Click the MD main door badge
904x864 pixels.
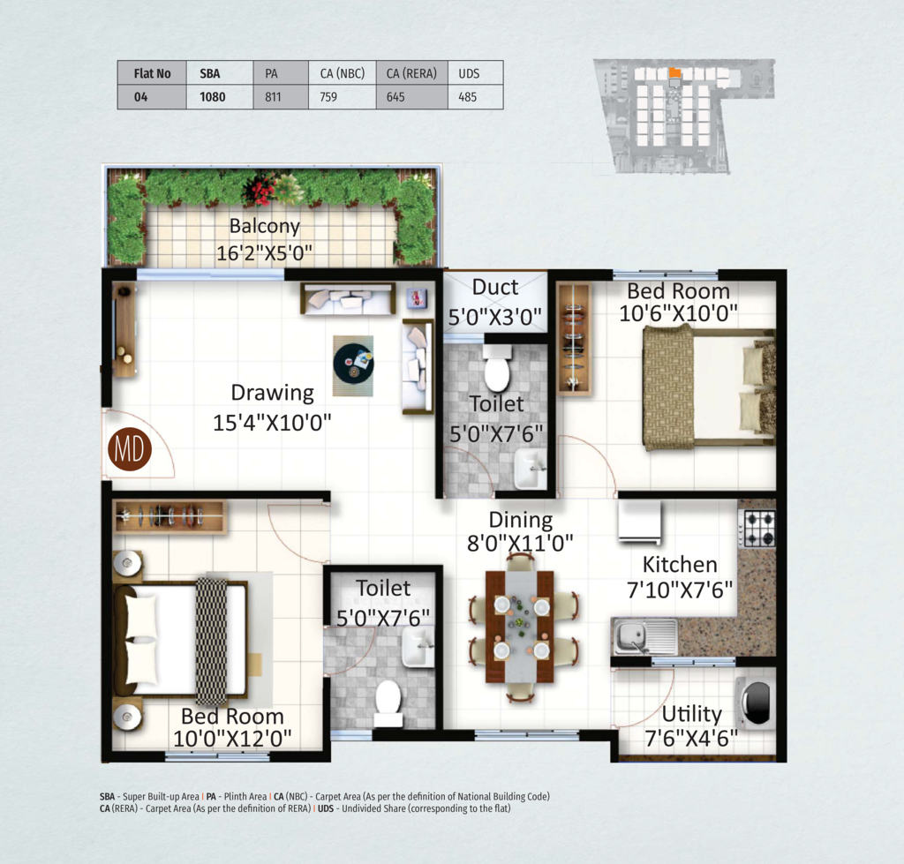(x=130, y=449)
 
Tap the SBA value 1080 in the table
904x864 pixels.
(x=212, y=97)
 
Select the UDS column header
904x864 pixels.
(x=469, y=74)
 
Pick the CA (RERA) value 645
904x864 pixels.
(x=395, y=97)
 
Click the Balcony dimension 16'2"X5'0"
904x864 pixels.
(x=265, y=252)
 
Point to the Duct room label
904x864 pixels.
(x=494, y=287)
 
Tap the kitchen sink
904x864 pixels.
(x=644, y=636)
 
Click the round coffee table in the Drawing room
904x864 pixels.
(x=353, y=363)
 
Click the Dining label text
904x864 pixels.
(x=520, y=520)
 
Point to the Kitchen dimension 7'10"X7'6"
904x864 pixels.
(x=680, y=590)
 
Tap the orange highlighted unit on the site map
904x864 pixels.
(x=675, y=72)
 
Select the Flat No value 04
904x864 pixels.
(x=140, y=97)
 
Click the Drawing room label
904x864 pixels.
(x=272, y=393)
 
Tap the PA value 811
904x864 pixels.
(x=274, y=97)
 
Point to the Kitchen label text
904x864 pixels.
(x=680, y=564)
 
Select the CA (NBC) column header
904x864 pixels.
(x=343, y=74)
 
